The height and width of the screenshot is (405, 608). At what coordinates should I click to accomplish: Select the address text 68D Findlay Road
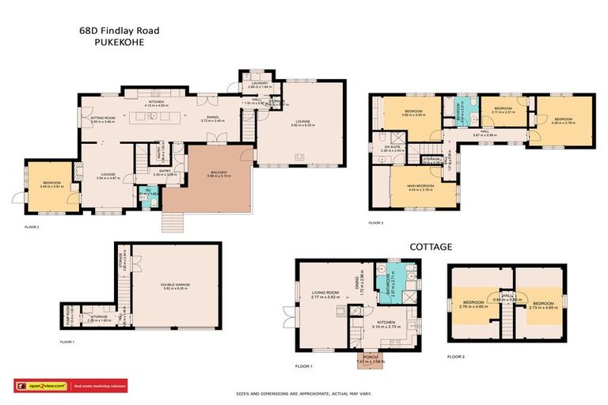(119, 31)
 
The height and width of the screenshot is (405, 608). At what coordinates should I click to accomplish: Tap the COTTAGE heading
(431, 247)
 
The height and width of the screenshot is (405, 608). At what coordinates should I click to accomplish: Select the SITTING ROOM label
(102, 118)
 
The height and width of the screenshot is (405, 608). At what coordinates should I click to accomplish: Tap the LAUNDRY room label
(260, 82)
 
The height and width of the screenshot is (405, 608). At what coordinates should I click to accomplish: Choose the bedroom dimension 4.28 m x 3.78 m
(562, 123)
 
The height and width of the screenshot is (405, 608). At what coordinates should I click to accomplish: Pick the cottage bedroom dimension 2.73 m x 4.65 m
(543, 307)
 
